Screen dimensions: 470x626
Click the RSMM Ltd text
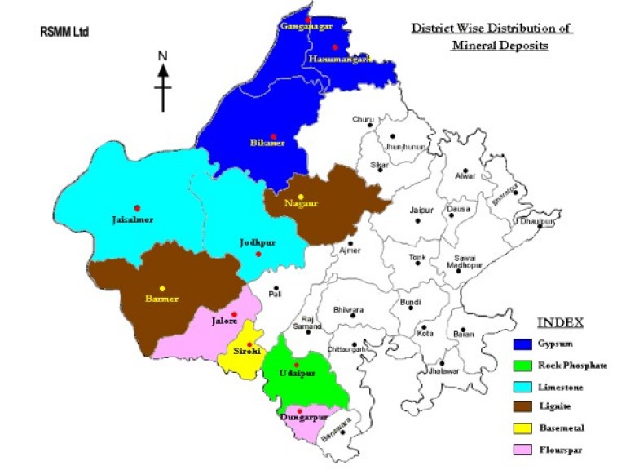click(x=64, y=33)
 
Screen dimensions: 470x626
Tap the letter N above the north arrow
click(x=163, y=55)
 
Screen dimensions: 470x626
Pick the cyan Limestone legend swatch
click(x=524, y=387)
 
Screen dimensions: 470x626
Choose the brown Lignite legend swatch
click(x=524, y=406)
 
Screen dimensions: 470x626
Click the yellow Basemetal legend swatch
click(x=524, y=427)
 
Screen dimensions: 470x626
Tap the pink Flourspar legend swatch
click(x=524, y=448)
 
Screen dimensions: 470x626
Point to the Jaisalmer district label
click(x=133, y=219)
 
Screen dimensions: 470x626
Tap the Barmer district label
click(x=161, y=298)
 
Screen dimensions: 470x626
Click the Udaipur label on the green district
click(x=297, y=373)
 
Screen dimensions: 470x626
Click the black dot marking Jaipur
click(x=419, y=220)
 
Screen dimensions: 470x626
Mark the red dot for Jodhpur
click(x=258, y=255)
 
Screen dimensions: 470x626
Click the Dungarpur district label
click(x=303, y=418)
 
